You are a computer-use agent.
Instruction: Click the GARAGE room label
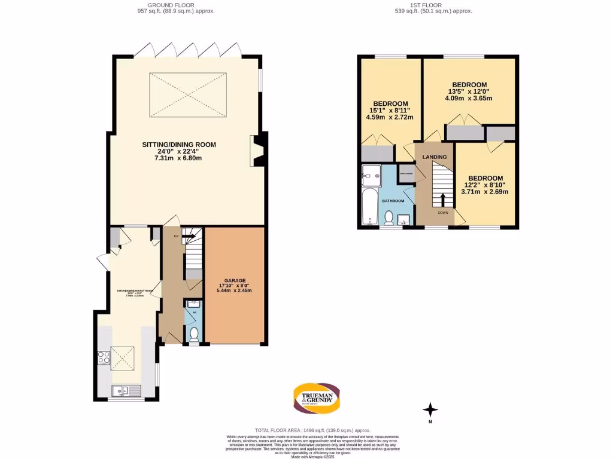tap(234, 280)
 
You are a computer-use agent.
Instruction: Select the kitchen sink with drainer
tap(126, 391)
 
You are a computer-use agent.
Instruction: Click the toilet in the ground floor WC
tap(193, 334)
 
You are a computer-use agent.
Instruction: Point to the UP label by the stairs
tap(176, 237)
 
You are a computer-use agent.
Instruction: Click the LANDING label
tap(434, 157)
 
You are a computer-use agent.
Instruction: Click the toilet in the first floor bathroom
tap(389, 218)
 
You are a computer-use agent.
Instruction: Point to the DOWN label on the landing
tap(442, 212)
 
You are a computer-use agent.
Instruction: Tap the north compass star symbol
tap(430, 410)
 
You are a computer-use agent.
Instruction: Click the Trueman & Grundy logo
tap(317, 398)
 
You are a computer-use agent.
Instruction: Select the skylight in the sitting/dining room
tap(188, 95)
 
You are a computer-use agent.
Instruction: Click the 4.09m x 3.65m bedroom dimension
tap(469, 98)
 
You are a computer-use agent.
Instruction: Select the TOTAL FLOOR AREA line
tap(312, 430)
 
